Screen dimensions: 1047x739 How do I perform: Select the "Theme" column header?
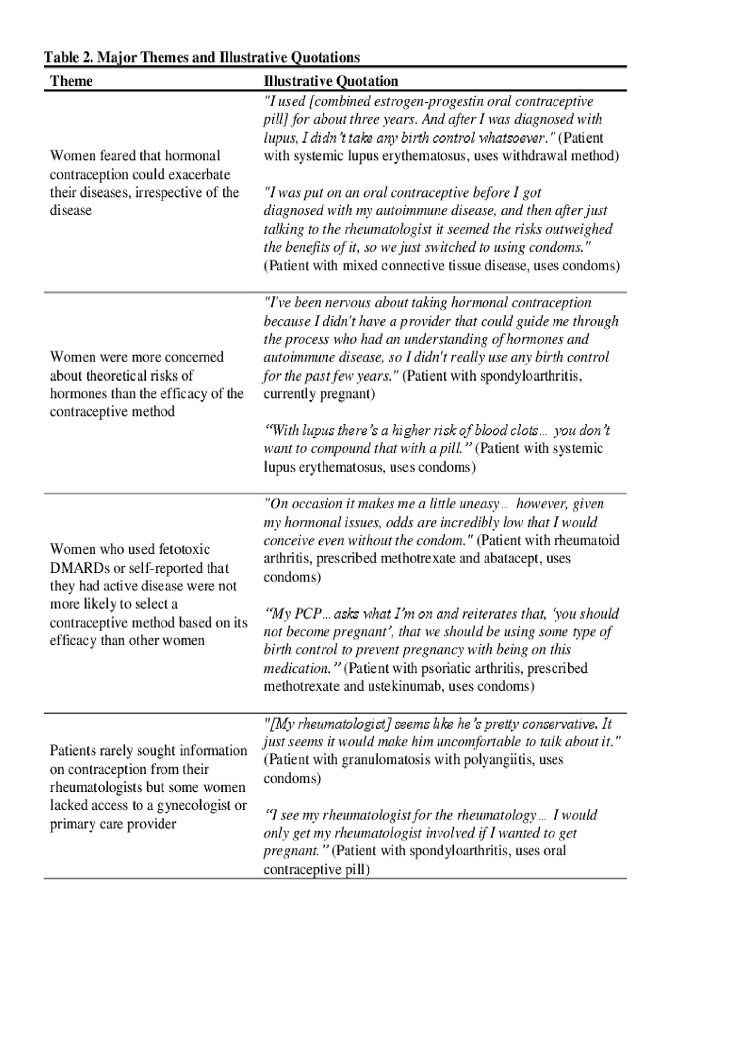point(71,81)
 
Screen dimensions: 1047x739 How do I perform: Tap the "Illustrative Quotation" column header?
point(331,81)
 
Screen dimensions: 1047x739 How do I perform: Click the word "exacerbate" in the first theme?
point(198,174)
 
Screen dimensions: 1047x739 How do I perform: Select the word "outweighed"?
point(580,229)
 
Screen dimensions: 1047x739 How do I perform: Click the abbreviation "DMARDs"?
point(71,568)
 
